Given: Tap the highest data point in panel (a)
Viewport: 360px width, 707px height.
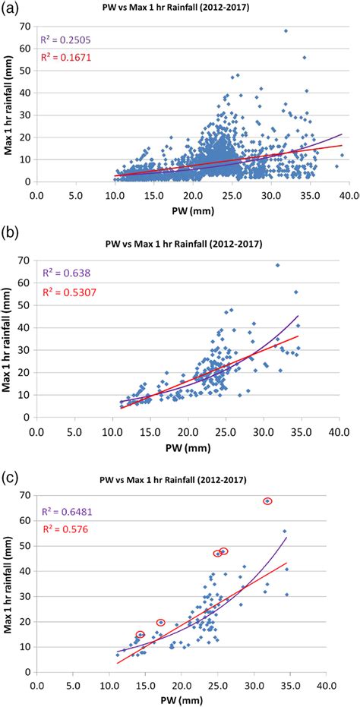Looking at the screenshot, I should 286,31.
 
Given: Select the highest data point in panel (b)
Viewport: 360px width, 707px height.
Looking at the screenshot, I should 277,265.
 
